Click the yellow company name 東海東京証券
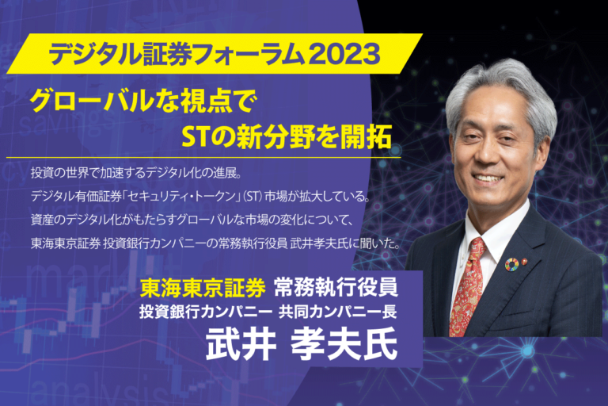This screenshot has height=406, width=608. (x=203, y=288)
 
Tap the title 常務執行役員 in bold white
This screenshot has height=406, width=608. (x=336, y=288)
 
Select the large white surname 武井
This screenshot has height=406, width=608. (x=241, y=344)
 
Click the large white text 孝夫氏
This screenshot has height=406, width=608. (x=344, y=344)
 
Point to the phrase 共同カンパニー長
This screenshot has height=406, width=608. (x=338, y=312)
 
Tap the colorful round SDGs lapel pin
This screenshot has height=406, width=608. (x=511, y=264)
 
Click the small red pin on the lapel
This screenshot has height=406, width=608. (x=526, y=259)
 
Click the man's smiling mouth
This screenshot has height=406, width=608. (x=488, y=178)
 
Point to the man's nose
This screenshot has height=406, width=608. (x=485, y=154)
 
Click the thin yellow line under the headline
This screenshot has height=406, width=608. (x=203, y=158)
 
